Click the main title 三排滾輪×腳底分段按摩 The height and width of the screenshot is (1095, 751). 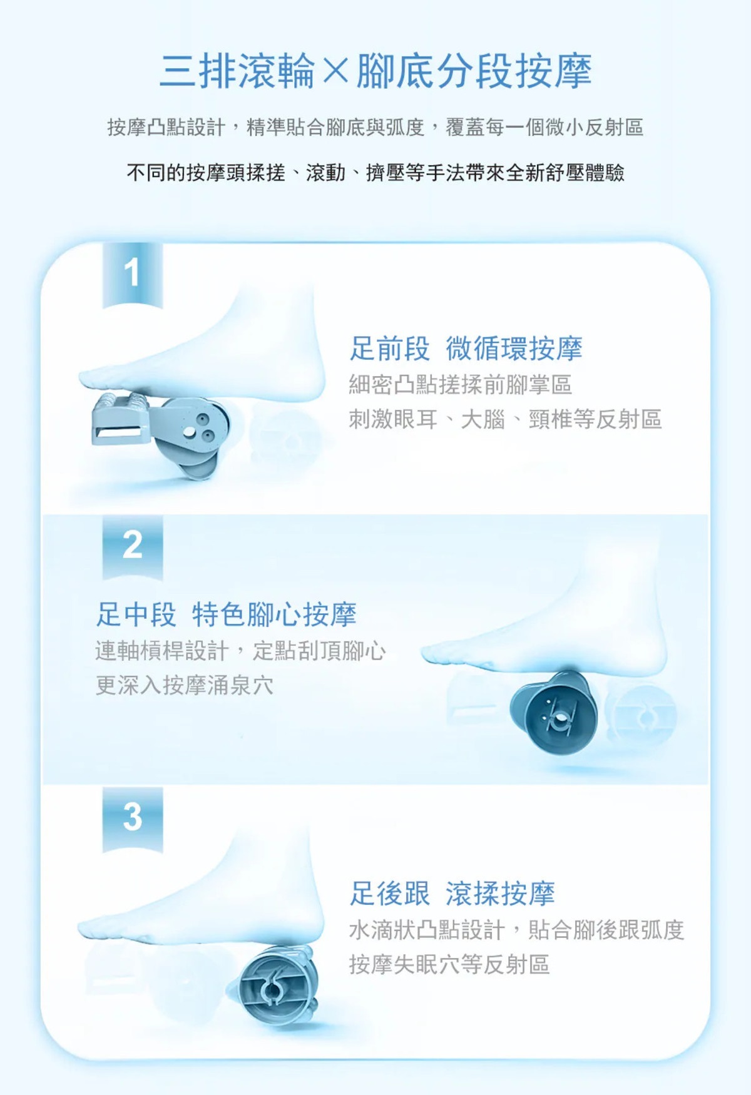tap(375, 71)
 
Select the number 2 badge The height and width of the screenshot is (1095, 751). tap(132, 546)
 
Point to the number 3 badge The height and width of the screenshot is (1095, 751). tap(132, 818)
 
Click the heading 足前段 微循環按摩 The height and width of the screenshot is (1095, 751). tap(466, 349)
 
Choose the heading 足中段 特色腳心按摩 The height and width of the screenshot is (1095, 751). tap(226, 614)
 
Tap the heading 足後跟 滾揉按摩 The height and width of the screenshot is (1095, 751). tap(452, 893)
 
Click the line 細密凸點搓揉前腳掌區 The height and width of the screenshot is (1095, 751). tap(461, 385)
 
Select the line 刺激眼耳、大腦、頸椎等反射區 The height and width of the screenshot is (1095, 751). tap(505, 419)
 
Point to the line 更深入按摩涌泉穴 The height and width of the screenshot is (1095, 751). tap(184, 685)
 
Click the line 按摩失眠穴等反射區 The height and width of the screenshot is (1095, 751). tap(449, 964)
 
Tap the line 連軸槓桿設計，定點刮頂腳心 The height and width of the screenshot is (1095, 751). tap(240, 651)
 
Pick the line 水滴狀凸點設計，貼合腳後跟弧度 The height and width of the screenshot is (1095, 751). tap(516, 930)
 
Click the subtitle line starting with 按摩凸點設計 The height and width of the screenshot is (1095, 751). tap(375, 128)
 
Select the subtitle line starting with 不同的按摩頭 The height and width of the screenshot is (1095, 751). tap(375, 173)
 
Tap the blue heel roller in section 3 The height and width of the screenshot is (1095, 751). tap(278, 985)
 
